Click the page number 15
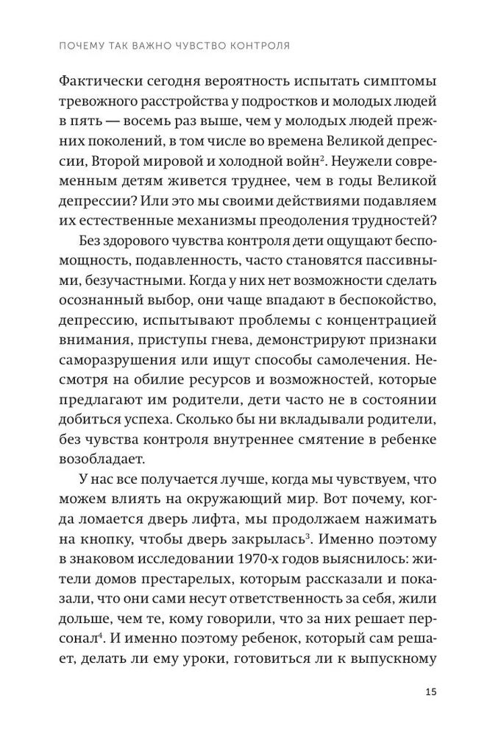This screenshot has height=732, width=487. point(430,690)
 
